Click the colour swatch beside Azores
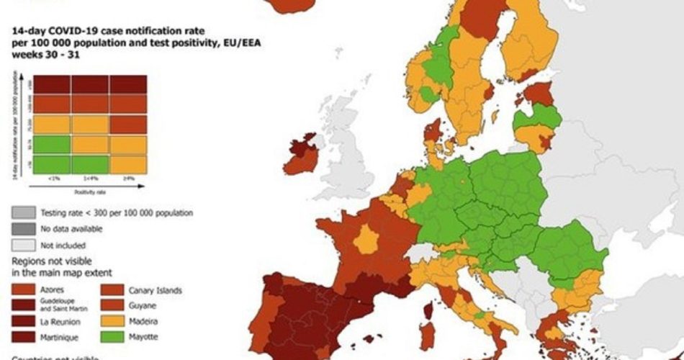click(22, 291)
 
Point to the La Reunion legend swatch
click(22, 322)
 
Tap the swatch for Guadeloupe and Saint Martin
click(22, 306)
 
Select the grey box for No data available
click(22, 229)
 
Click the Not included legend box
click(22, 244)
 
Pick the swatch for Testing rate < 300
click(22, 213)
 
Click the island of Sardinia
click(426, 336)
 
